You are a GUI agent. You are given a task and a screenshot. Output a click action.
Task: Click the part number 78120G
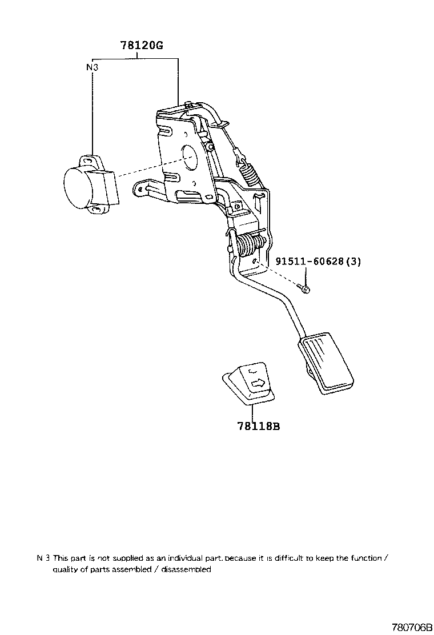pos(142,46)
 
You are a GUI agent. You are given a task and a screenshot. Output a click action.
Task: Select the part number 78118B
pos(259,426)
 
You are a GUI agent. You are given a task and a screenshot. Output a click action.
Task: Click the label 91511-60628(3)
pos(318,261)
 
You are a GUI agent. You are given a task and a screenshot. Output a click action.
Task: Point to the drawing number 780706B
pos(411,626)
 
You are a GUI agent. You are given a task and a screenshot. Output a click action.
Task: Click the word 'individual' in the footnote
pos(183,558)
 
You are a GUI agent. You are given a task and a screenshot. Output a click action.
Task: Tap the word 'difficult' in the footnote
pos(284,558)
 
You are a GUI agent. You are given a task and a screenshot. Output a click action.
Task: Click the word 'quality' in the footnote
pos(65,569)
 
